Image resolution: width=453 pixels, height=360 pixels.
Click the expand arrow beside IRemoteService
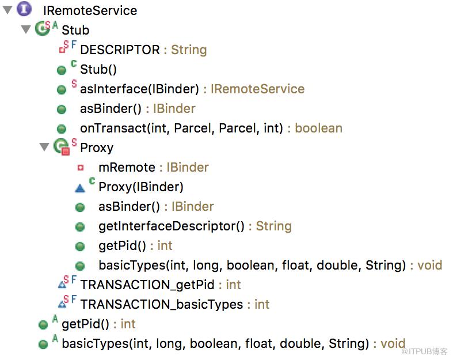(x=7, y=10)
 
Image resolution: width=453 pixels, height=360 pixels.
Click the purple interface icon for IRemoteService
(x=24, y=9)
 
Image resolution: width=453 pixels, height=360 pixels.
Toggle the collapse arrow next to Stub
(x=26, y=29)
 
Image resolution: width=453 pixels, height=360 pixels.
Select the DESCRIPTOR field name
(x=120, y=50)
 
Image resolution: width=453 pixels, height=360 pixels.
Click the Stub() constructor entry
(x=98, y=69)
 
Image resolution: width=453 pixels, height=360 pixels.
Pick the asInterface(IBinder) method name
(x=139, y=89)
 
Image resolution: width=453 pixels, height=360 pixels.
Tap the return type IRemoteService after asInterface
(x=257, y=89)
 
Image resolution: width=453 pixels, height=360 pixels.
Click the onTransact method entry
(x=181, y=128)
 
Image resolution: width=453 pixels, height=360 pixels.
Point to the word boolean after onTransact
(x=318, y=128)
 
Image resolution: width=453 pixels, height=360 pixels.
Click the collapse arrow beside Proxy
(x=44, y=147)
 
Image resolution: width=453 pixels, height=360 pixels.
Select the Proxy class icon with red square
(x=62, y=147)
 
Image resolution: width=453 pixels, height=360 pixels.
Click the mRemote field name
(x=127, y=168)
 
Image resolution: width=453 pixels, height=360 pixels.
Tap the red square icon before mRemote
(x=81, y=168)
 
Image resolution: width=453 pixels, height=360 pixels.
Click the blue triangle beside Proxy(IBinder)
(x=80, y=188)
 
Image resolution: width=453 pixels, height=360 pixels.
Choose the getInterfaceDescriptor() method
(x=172, y=226)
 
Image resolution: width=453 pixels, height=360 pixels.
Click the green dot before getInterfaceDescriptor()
(x=80, y=227)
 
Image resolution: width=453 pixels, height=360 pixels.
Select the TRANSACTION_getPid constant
(x=147, y=285)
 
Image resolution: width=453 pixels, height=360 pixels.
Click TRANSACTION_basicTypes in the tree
(x=162, y=305)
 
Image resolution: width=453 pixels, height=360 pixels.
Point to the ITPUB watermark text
(x=424, y=351)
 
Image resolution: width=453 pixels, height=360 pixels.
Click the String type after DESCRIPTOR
(x=189, y=50)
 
